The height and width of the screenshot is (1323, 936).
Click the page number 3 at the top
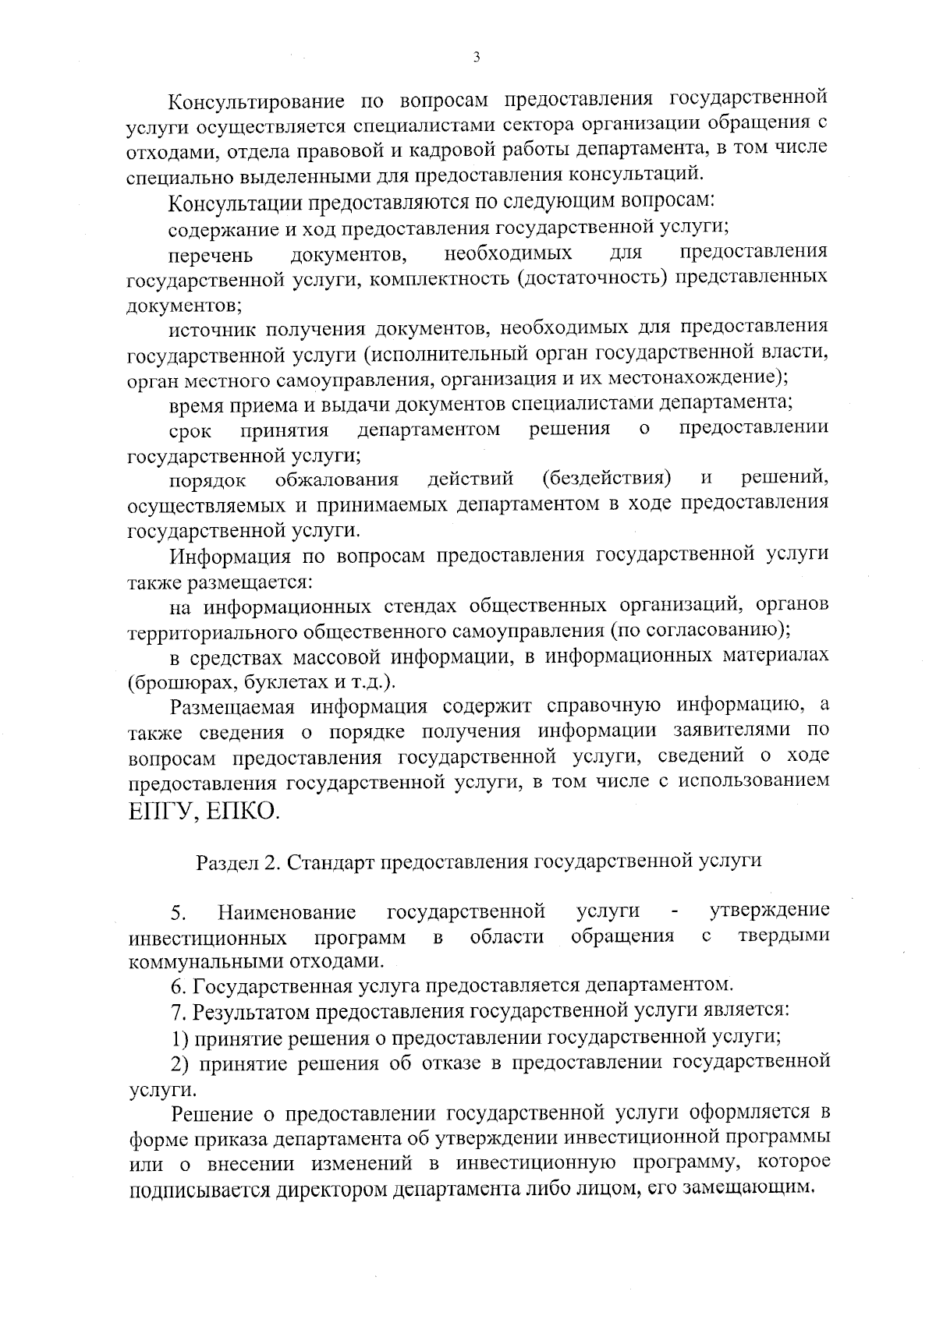(x=476, y=56)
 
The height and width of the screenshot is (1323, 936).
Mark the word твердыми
(x=783, y=936)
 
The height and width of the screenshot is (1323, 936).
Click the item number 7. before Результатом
(x=179, y=1012)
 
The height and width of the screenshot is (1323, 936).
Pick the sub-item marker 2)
(x=179, y=1063)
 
